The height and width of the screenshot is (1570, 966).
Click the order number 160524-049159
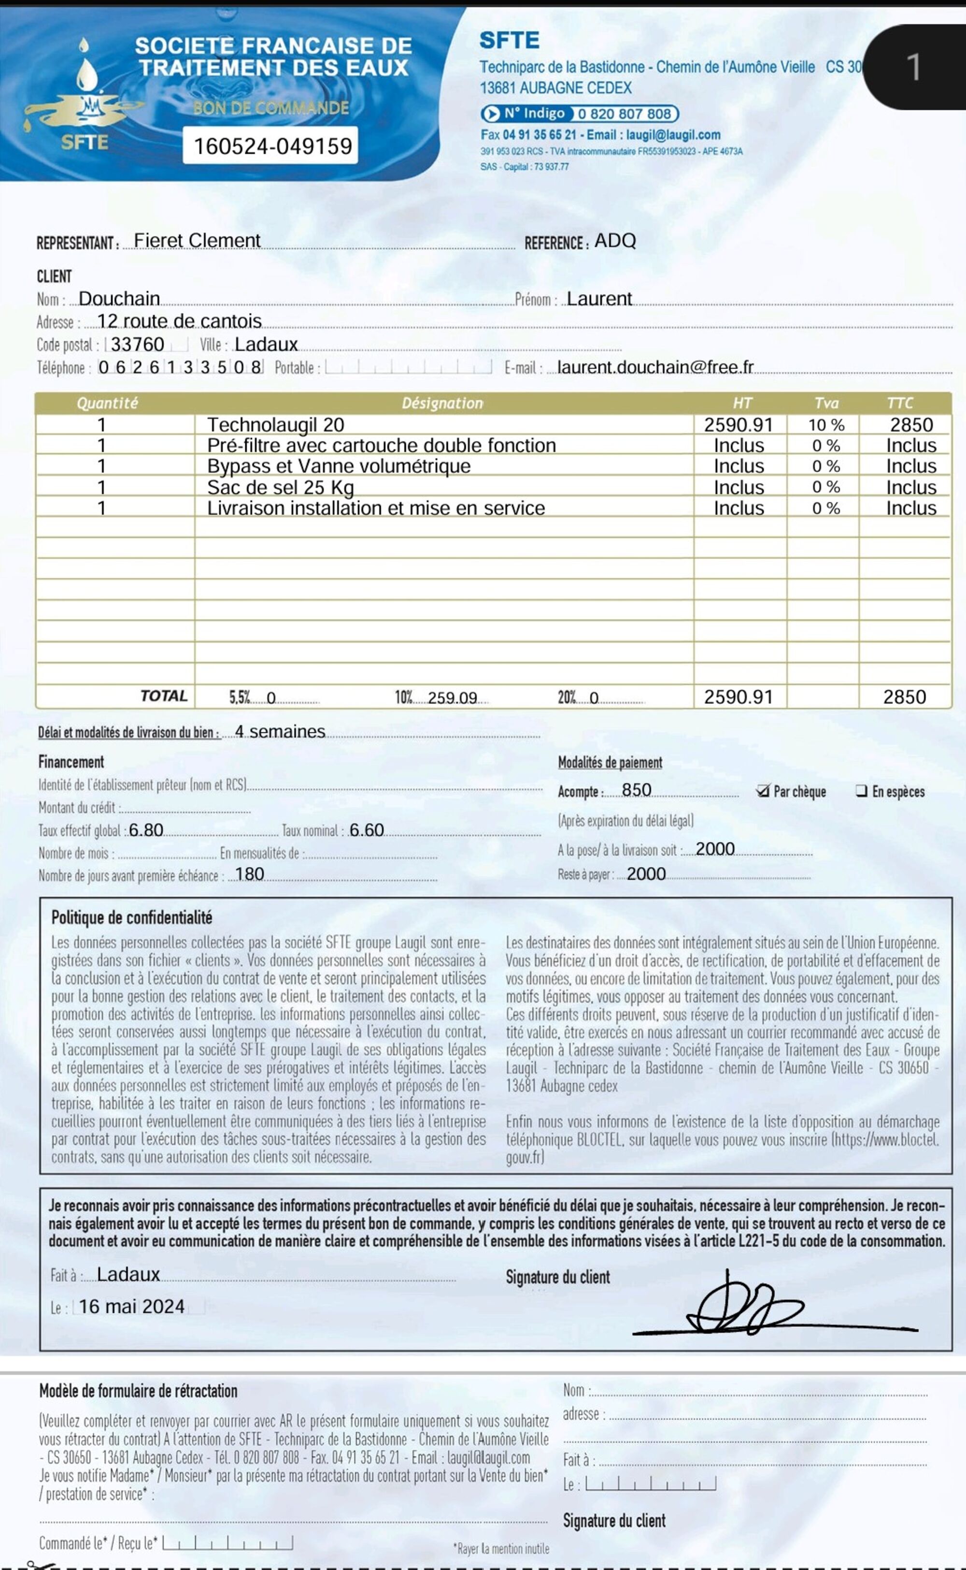273,146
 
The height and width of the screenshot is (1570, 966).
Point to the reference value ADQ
615,241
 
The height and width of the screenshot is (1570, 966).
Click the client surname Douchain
119,299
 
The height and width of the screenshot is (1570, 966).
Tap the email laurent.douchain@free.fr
655,367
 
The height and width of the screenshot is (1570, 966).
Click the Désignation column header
442,403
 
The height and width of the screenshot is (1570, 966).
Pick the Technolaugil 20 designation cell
275,425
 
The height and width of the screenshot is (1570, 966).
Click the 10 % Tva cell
826,425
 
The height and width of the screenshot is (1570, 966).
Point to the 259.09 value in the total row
453,698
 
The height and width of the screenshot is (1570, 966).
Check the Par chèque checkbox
762,791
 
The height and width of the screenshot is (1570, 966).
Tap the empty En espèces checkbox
861,791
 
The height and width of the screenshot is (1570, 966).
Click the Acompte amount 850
636,791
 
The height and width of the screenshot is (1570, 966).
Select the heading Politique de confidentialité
131,918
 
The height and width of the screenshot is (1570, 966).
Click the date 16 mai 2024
131,1307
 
